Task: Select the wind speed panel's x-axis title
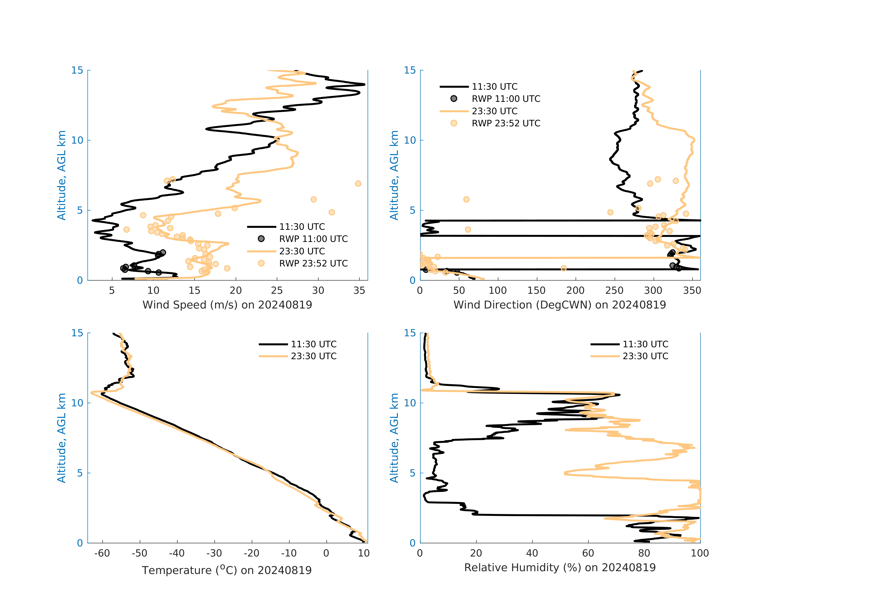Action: point(227,305)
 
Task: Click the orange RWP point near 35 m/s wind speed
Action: point(358,184)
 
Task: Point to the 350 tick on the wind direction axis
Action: point(692,291)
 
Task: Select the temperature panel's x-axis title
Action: point(227,570)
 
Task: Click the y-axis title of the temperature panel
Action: point(61,438)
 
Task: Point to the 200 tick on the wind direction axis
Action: point(575,291)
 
